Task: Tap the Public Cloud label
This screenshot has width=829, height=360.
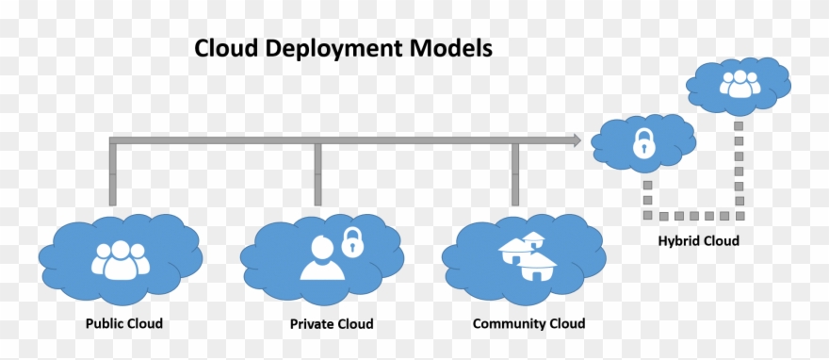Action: point(124,323)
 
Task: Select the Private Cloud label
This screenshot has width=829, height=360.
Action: point(331,323)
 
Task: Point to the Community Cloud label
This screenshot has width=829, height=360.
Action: point(528,323)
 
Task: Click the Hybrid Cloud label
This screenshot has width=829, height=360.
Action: point(698,240)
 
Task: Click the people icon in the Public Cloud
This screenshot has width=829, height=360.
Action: point(120,258)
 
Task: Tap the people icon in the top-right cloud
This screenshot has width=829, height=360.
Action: point(738,85)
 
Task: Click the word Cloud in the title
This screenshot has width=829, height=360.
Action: point(226,48)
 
